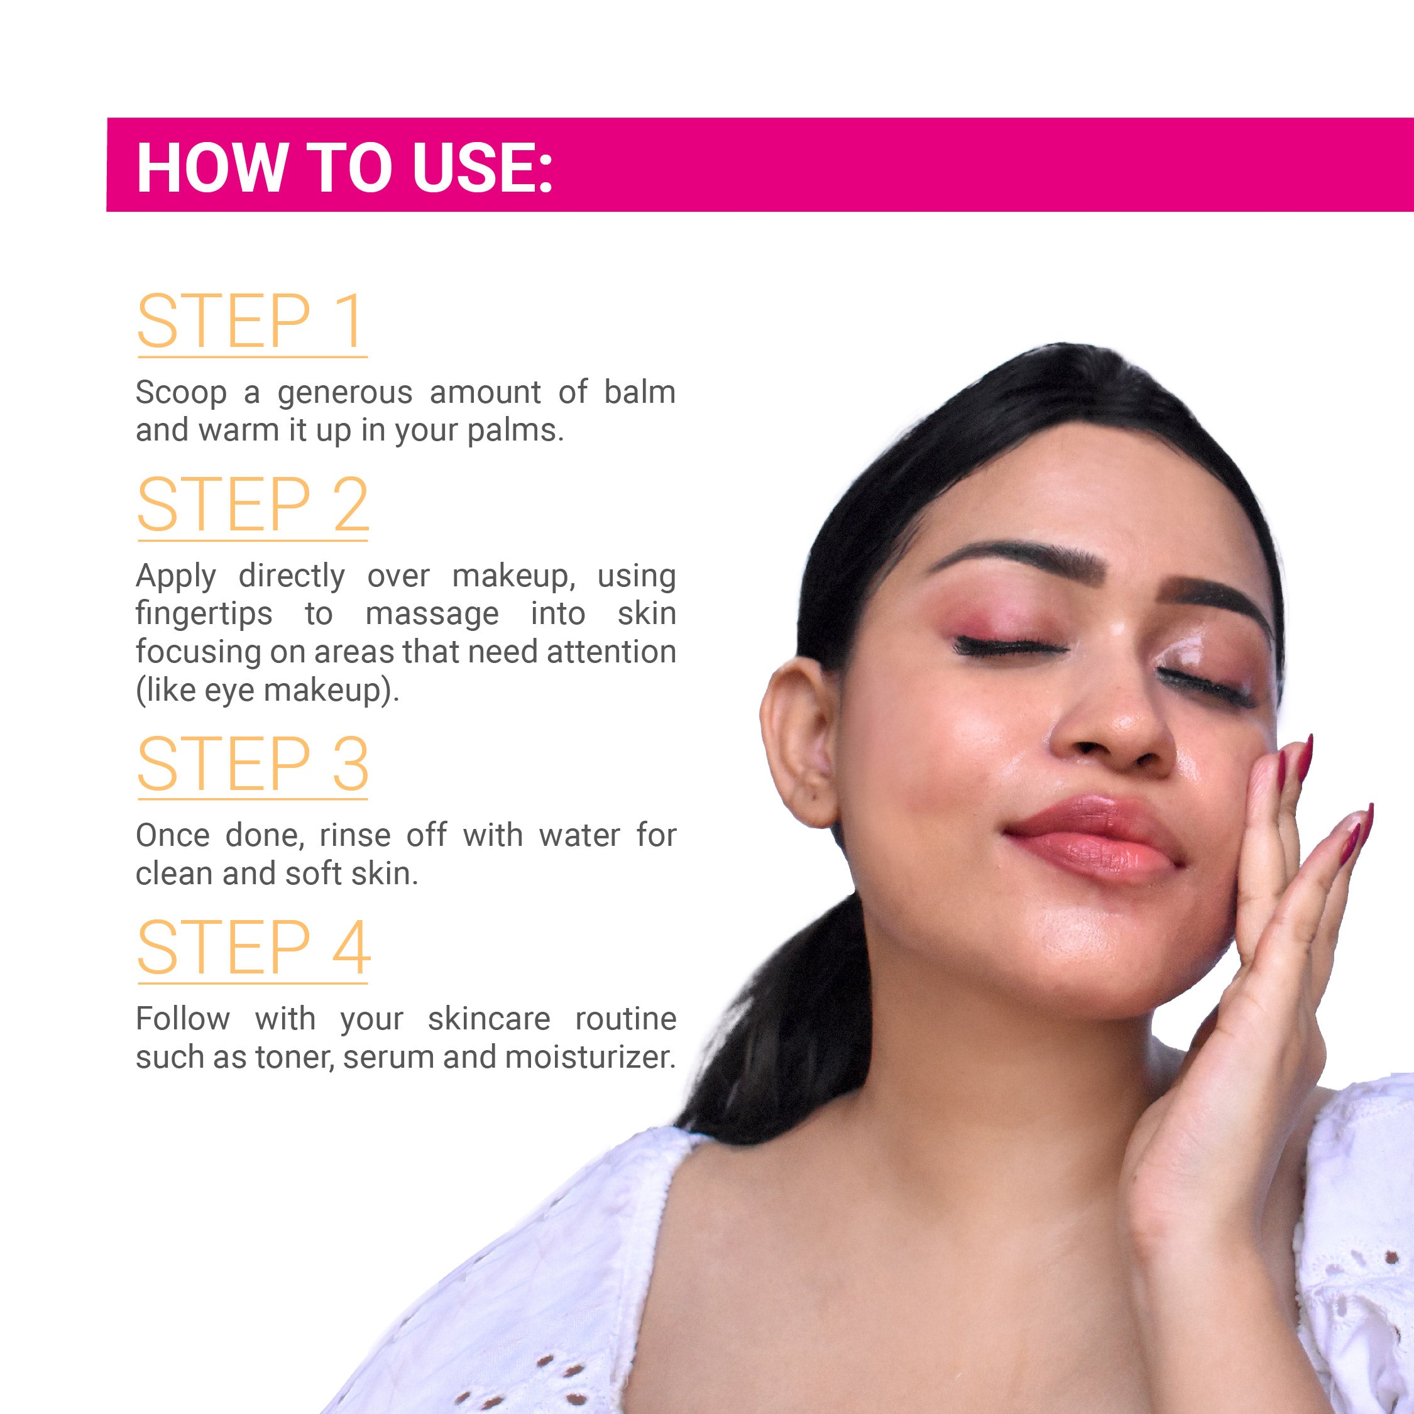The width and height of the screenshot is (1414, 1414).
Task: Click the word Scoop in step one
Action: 181,393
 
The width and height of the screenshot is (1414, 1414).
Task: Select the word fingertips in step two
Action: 204,615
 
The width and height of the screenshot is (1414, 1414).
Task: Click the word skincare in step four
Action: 489,1019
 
